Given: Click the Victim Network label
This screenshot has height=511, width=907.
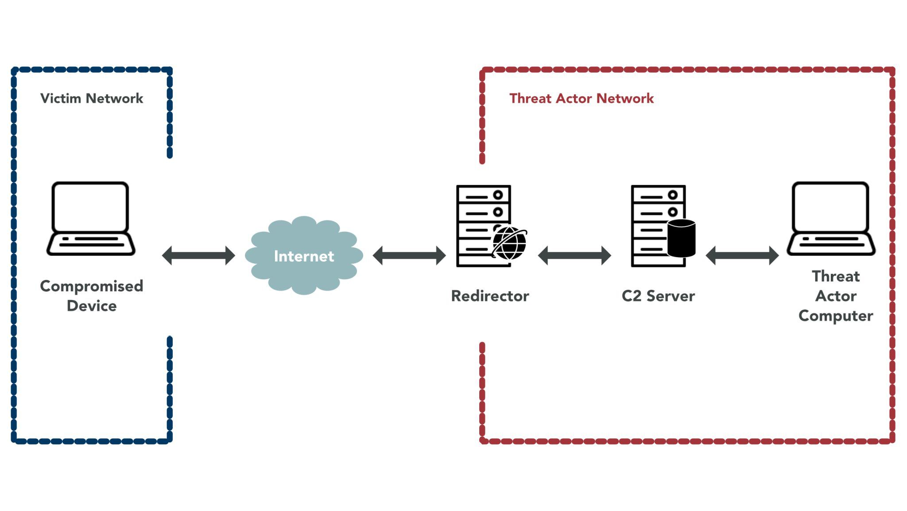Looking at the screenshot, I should (x=92, y=98).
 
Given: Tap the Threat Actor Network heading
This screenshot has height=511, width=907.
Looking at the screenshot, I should (x=581, y=98).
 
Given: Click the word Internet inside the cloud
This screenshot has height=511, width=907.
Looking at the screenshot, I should (x=304, y=256).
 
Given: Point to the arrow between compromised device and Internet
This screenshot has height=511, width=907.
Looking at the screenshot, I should (x=198, y=255).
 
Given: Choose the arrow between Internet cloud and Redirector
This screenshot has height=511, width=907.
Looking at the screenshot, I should (x=409, y=255).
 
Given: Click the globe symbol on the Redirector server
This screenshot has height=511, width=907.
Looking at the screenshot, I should (x=509, y=243).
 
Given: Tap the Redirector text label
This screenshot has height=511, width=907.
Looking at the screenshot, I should (x=490, y=296).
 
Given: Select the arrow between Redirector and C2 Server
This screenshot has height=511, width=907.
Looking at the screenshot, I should (x=574, y=255).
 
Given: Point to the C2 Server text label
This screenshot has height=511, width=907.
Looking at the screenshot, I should (x=658, y=296).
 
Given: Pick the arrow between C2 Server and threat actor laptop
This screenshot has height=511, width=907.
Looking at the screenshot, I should (x=742, y=255).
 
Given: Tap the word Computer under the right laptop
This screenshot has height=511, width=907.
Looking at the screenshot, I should (x=836, y=316).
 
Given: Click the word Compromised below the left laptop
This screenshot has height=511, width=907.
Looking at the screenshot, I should (x=92, y=286).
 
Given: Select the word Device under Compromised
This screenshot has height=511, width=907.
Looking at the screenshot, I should (x=92, y=306).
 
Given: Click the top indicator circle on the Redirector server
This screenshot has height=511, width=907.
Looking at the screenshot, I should (x=498, y=195).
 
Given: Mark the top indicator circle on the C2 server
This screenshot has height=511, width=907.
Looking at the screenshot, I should (x=673, y=195).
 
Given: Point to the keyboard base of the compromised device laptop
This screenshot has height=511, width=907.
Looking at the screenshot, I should (x=91, y=244).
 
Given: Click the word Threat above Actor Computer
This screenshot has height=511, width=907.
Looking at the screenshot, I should (x=836, y=277).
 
